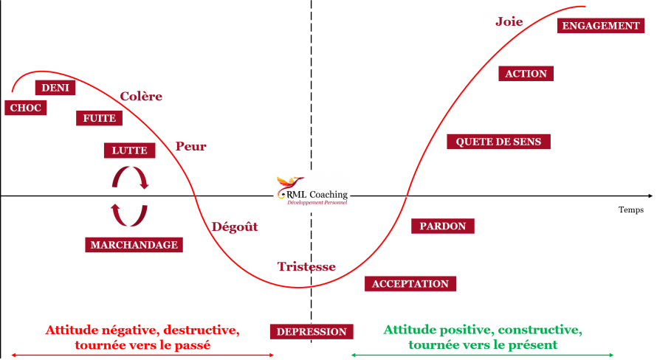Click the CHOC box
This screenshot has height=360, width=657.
click(25, 108)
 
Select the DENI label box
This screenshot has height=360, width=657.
click(55, 88)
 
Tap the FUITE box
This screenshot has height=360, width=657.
click(99, 118)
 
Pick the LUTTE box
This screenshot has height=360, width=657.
click(130, 150)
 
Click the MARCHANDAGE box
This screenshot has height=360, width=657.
click(134, 245)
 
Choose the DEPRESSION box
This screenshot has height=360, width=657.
click(312, 332)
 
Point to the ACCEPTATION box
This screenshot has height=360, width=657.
click(410, 284)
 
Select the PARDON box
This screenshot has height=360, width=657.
click(442, 226)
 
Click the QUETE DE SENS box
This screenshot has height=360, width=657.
click(498, 142)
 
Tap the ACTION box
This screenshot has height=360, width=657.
click(526, 74)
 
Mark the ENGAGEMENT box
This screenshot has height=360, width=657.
click(601, 26)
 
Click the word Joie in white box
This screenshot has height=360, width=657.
click(509, 22)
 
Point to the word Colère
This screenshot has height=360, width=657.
click(141, 97)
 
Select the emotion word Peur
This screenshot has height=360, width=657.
click(190, 147)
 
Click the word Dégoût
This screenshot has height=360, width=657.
click(235, 227)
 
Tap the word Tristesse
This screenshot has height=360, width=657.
click(306, 267)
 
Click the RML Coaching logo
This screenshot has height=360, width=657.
click(312, 193)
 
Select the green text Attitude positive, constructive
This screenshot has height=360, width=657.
click(482, 329)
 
